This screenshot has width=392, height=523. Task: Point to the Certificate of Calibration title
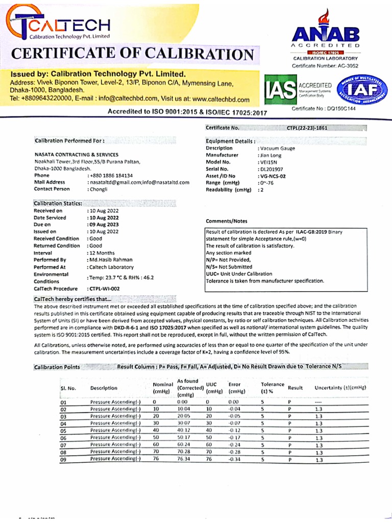click(x=132, y=54)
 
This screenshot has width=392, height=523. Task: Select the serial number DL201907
click(x=272, y=168)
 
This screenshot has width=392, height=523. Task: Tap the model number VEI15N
click(x=268, y=161)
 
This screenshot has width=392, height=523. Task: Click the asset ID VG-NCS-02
click(x=273, y=175)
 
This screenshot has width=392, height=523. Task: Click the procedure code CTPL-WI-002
click(x=106, y=289)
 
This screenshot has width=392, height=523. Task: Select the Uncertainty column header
click(x=340, y=388)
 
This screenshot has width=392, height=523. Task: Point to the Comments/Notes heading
click(x=226, y=221)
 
